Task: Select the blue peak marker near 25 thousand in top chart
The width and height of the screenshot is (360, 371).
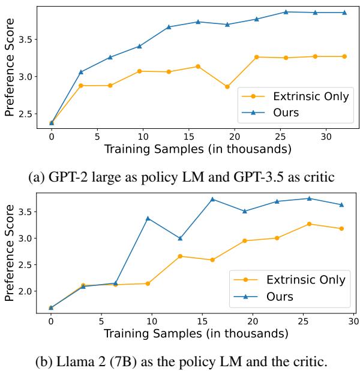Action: tap(286, 12)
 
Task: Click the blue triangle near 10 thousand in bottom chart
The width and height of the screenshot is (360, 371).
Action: tap(148, 218)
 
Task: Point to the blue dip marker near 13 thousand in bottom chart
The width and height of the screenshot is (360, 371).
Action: tap(180, 239)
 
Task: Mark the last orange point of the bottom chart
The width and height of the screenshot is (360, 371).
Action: tap(341, 228)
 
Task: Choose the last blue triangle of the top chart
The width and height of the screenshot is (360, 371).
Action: tap(344, 13)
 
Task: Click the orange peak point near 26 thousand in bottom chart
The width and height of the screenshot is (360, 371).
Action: tap(309, 224)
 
